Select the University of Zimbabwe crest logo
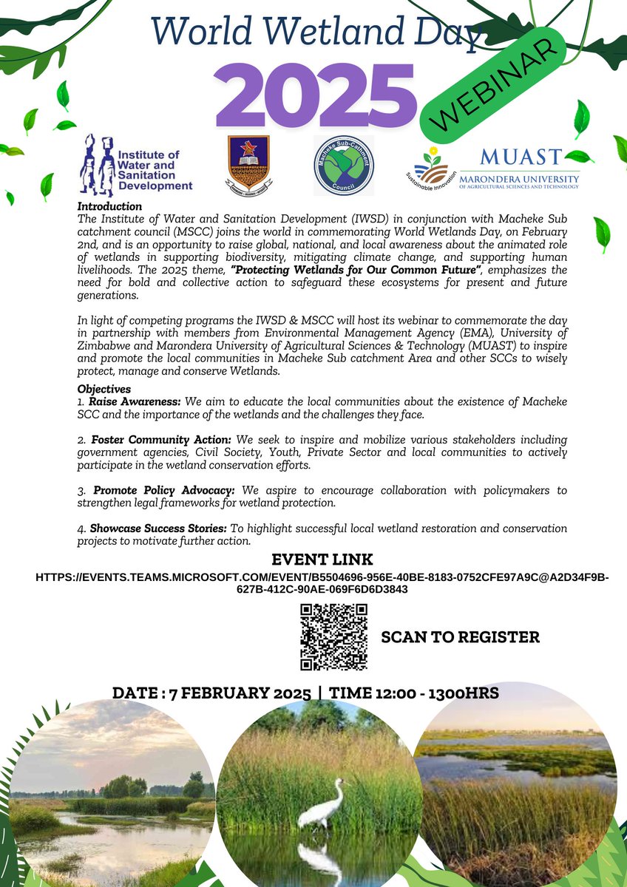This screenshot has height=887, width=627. tap(248, 164)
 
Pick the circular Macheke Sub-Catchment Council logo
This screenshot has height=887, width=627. tap(343, 165)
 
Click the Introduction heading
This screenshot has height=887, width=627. tap(109, 206)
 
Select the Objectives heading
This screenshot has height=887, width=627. tap(104, 389)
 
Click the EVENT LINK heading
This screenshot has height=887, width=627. tap(322, 559)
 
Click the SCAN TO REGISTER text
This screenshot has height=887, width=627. tap(460, 637)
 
